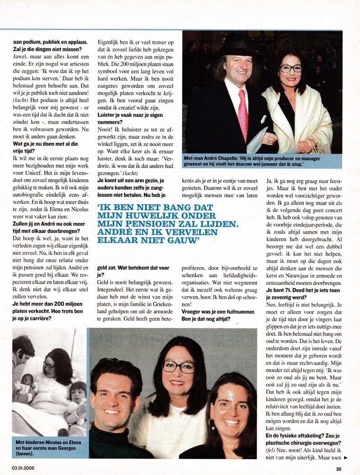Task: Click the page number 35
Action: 339,468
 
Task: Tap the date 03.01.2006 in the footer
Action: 23,468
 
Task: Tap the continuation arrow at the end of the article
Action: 345,457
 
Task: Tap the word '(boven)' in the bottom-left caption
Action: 25,455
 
